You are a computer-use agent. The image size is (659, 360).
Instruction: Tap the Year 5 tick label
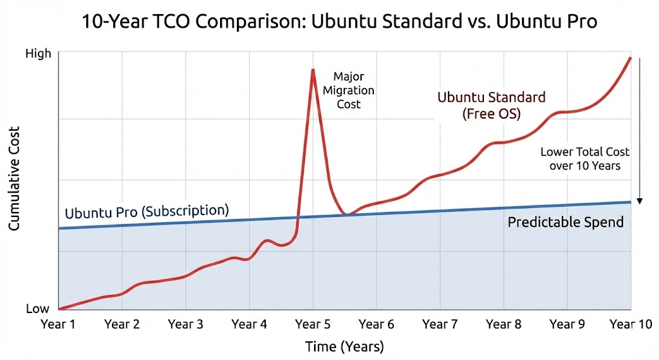(x=313, y=325)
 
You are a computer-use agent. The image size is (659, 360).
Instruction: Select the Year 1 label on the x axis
(x=58, y=325)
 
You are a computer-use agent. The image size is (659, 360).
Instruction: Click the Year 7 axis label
(x=440, y=325)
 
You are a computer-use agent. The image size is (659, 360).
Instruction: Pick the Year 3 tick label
(x=185, y=325)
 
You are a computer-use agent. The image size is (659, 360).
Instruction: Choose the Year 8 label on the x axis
(x=504, y=325)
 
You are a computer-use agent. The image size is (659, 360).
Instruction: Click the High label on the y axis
(x=37, y=54)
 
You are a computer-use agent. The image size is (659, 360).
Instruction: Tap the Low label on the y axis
(x=37, y=309)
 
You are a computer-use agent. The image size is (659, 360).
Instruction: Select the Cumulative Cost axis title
(x=14, y=179)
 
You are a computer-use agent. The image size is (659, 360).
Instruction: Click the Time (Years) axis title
(x=344, y=346)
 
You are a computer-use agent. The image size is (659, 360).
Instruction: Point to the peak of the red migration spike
(x=313, y=70)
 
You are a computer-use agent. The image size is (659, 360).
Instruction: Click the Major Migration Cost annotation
(x=348, y=90)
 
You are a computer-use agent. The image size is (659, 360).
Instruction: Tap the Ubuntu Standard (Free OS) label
(x=492, y=106)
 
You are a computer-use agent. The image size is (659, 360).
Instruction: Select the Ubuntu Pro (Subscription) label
(x=147, y=211)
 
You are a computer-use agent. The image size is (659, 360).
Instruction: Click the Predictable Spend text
(x=566, y=223)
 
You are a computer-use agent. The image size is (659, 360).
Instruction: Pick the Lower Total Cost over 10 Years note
(x=584, y=158)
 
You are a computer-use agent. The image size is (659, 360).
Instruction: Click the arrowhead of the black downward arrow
(x=640, y=201)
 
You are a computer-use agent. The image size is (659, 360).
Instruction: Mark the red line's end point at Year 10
(x=631, y=58)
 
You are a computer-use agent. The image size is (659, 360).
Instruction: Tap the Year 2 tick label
(x=122, y=325)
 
